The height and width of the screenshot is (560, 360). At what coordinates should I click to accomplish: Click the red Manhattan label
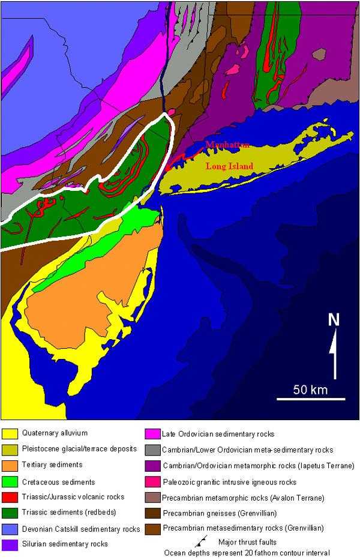pyautogui.click(x=227, y=145)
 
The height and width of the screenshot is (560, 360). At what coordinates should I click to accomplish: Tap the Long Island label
pyautogui.click(x=229, y=166)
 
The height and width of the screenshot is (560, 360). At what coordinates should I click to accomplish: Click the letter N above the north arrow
pyautogui.click(x=334, y=319)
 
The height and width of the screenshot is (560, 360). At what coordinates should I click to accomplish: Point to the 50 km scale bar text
pyautogui.click(x=310, y=390)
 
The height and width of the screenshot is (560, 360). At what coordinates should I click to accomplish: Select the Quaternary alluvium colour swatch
pyautogui.click(x=10, y=433)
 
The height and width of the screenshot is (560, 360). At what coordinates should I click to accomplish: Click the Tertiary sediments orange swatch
pyautogui.click(x=10, y=465)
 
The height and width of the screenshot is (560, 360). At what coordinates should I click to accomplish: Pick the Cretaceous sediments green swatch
pyautogui.click(x=10, y=481)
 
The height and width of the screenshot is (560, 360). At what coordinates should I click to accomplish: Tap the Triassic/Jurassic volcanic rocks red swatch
pyautogui.click(x=10, y=497)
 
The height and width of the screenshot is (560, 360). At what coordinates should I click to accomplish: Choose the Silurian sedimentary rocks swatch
pyautogui.click(x=10, y=544)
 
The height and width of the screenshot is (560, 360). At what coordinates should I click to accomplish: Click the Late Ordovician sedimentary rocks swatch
pyautogui.click(x=152, y=433)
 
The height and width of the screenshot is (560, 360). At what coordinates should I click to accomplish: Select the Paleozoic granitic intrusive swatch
pyautogui.click(x=152, y=481)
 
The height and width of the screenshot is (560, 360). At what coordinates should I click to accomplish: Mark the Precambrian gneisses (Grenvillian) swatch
pyautogui.click(x=152, y=513)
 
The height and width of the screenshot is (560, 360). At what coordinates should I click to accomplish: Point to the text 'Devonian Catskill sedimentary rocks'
pyautogui.click(x=81, y=529)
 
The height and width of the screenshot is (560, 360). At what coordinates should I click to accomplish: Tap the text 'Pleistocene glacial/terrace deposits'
pyautogui.click(x=79, y=448)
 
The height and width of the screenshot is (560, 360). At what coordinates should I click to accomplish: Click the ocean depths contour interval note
pyautogui.click(x=248, y=553)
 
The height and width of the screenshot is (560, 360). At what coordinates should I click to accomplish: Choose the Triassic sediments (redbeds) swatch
pyautogui.click(x=10, y=513)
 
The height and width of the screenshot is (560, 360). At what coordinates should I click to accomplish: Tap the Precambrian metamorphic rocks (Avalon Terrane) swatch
pyautogui.click(x=152, y=497)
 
